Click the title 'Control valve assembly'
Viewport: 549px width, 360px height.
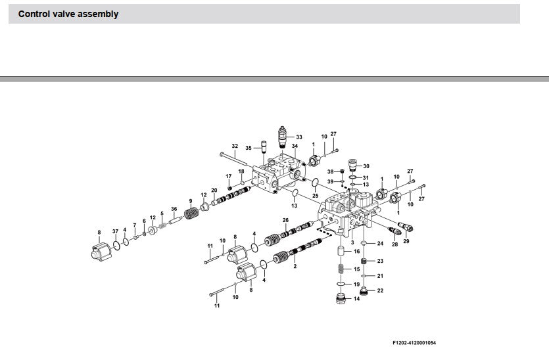point(68,14)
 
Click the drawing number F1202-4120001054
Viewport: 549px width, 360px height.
point(414,343)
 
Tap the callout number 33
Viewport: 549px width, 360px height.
point(299,137)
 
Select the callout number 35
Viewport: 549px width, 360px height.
point(249,148)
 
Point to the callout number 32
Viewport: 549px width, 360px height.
point(235,146)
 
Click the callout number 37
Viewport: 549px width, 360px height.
point(115,231)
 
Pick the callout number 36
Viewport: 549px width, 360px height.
point(174,209)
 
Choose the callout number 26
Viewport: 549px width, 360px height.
point(286,220)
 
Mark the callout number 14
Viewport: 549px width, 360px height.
point(357,299)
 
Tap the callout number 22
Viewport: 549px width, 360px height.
point(380,290)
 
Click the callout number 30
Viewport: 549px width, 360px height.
point(366,166)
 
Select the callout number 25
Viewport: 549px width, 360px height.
point(316,196)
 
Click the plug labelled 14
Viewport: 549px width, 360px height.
point(341,299)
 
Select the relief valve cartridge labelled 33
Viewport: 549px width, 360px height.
point(282,137)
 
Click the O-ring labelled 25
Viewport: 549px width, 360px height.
point(315,182)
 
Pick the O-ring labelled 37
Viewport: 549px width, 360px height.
point(116,245)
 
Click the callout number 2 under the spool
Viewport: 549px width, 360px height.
point(295,266)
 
